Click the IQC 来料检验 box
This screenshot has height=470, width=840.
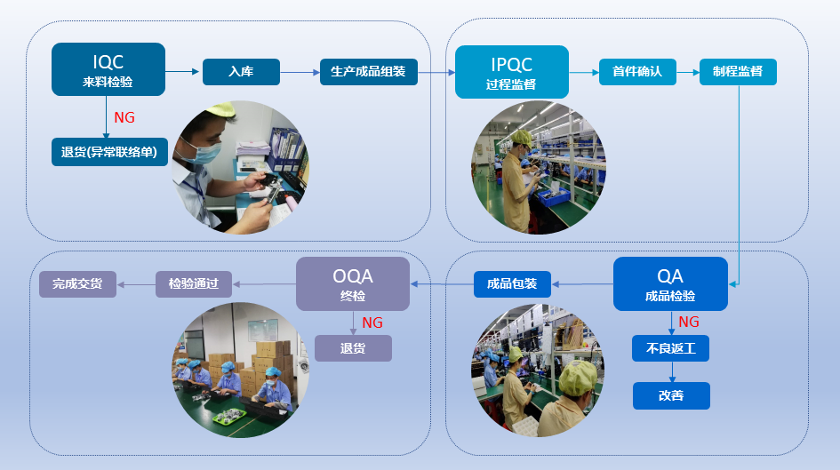(x=108, y=69)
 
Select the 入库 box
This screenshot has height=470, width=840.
(x=241, y=72)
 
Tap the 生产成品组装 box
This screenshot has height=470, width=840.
(x=369, y=72)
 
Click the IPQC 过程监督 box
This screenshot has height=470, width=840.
(x=512, y=72)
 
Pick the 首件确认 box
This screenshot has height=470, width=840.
(x=637, y=72)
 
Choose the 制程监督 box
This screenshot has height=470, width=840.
(x=738, y=72)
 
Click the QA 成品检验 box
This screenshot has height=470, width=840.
(x=670, y=283)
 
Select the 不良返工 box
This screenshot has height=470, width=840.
(x=671, y=348)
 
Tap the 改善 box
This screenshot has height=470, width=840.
(x=671, y=395)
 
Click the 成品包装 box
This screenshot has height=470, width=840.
(x=512, y=283)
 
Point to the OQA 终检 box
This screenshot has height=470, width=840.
(x=353, y=283)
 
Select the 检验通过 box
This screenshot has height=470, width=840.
(x=194, y=283)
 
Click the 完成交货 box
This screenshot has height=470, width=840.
(x=77, y=283)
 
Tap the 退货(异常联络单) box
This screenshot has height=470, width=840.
(x=109, y=152)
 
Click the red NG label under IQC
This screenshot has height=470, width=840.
(x=124, y=117)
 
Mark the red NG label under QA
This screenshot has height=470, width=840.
(x=688, y=322)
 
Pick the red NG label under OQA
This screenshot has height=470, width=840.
(x=372, y=323)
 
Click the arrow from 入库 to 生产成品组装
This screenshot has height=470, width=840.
(x=300, y=72)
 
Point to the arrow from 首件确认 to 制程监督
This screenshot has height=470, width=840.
(x=688, y=72)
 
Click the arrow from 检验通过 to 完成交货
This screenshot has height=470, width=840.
(x=136, y=284)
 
